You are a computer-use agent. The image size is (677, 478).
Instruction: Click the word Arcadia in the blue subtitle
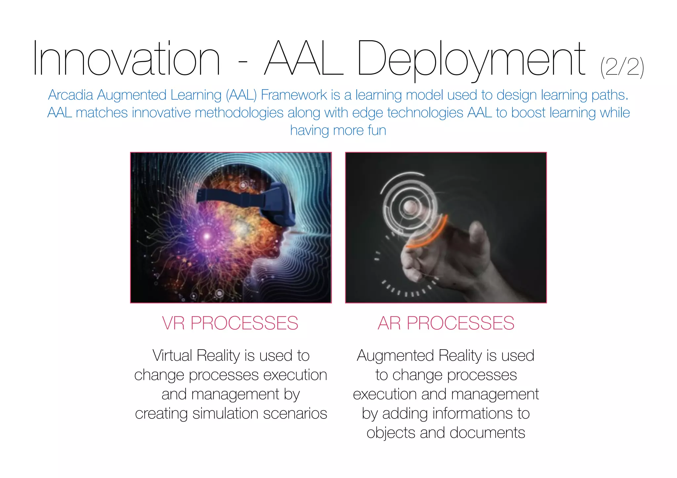tap(70, 95)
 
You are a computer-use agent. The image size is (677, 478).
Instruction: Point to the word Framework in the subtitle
tap(294, 95)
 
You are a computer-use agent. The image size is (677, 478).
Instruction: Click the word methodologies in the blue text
tap(239, 113)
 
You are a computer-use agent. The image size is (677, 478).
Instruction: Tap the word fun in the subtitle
tap(377, 130)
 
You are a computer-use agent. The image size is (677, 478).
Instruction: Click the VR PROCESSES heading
tap(230, 323)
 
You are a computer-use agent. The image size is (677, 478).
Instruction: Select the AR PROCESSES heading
tap(446, 323)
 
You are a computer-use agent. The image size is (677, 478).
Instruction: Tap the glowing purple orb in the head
tap(207, 236)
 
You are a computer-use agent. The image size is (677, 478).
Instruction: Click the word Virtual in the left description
tap(172, 356)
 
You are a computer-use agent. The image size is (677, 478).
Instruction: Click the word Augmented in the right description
tap(395, 356)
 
